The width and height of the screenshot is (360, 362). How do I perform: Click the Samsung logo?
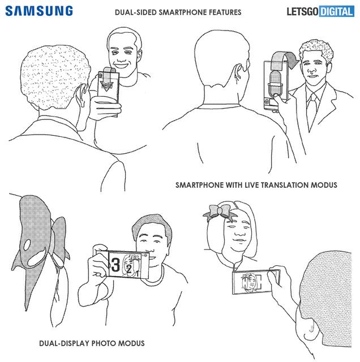coord(39,11)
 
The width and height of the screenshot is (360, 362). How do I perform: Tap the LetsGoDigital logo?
coord(320,11)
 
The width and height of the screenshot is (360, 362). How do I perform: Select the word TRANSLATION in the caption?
coord(285,185)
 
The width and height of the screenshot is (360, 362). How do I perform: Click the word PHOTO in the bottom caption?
coord(104,343)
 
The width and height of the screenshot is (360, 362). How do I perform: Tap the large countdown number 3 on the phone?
coord(115,265)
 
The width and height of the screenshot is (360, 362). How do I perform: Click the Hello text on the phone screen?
coord(107,85)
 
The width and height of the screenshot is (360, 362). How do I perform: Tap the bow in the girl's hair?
coord(220,212)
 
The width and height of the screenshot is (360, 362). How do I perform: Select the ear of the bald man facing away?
coord(237,72)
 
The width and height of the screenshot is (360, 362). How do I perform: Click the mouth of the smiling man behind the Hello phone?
coord(122,64)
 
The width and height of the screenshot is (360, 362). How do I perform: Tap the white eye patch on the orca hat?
coord(27,245)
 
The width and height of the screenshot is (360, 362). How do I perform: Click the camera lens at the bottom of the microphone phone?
coord(267,102)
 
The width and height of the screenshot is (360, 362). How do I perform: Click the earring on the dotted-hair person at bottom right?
coord(311,328)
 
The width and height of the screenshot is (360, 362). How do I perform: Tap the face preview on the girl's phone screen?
coord(249,283)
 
